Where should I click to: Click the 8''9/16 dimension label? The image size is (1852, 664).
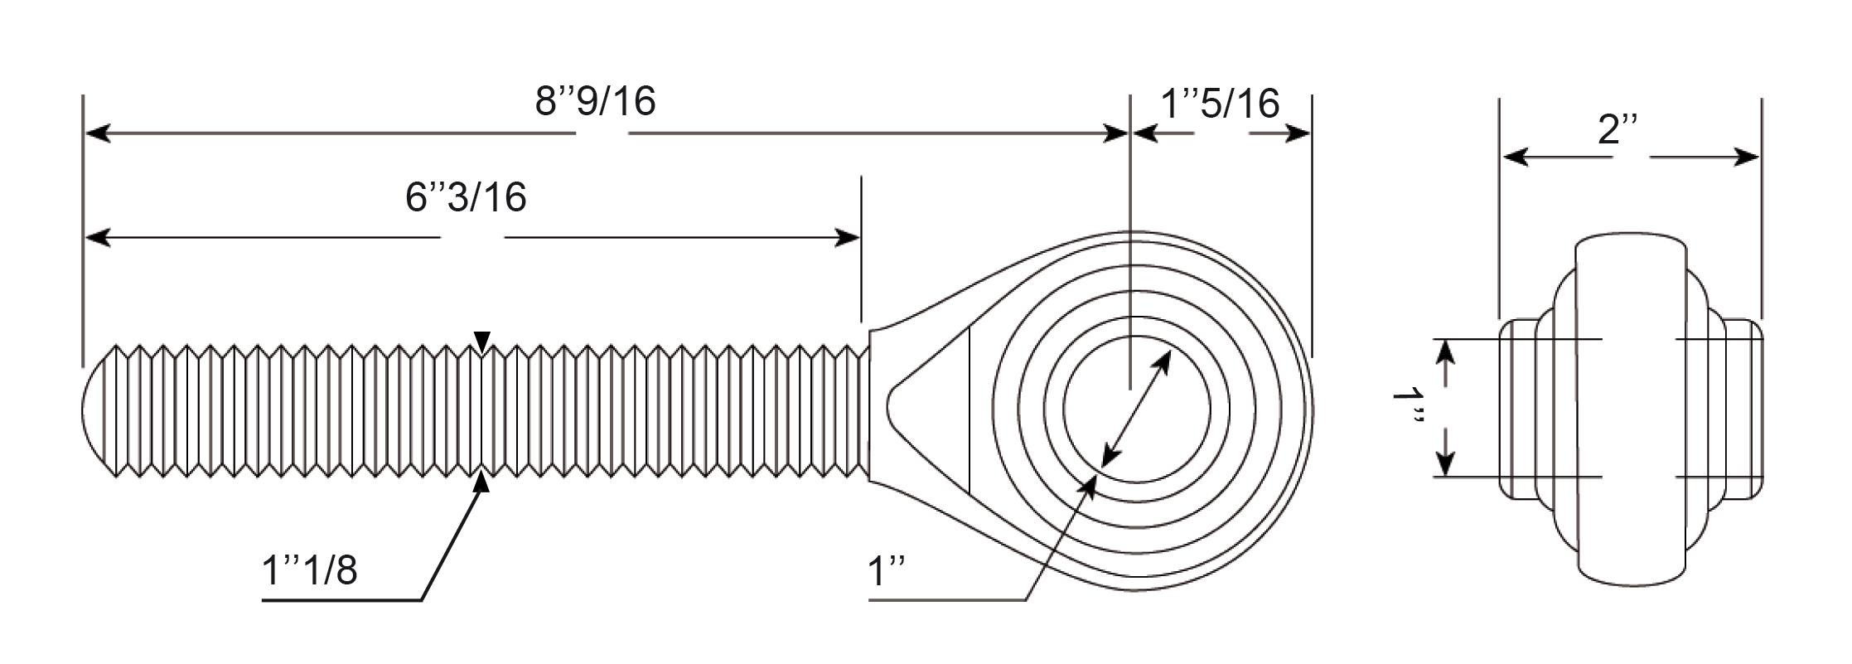(x=595, y=101)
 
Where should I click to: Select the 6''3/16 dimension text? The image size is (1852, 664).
(x=466, y=197)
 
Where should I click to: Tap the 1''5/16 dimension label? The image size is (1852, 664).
(x=1220, y=104)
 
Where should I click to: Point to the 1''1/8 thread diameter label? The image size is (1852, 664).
(x=309, y=570)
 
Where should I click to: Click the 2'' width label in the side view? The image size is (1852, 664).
(x=1618, y=130)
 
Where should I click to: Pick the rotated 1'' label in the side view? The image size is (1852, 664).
(x=1408, y=409)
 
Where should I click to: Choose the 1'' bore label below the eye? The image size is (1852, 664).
(x=886, y=572)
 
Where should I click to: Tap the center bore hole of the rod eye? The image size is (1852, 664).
(x=1136, y=408)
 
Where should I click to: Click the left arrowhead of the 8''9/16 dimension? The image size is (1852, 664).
(x=98, y=133)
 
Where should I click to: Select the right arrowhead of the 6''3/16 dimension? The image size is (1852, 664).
(x=847, y=238)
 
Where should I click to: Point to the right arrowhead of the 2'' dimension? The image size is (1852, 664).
(x=1746, y=157)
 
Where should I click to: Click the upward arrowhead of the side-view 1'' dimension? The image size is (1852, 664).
(x=1445, y=354)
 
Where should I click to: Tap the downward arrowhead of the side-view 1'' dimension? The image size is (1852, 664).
(x=1445, y=463)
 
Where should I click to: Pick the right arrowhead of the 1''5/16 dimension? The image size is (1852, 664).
(x=1297, y=133)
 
